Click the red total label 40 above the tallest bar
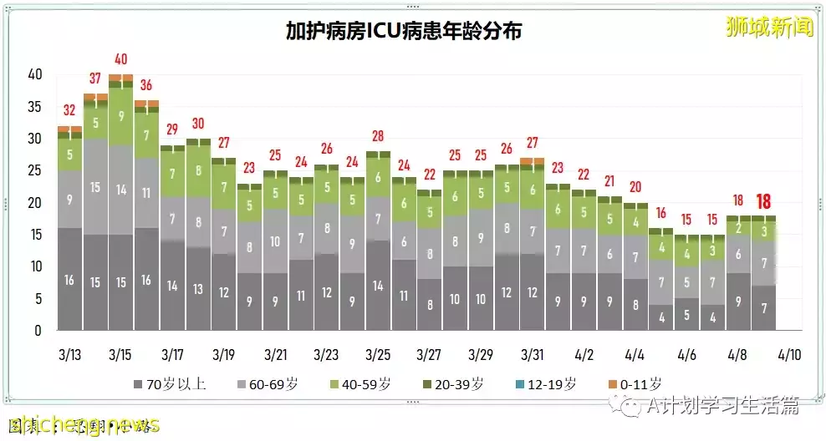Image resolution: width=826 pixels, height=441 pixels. pyautogui.click(x=120, y=60)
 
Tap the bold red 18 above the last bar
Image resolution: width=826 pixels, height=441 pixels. pyautogui.click(x=763, y=201)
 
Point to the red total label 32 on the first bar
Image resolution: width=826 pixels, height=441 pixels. pyautogui.click(x=69, y=110)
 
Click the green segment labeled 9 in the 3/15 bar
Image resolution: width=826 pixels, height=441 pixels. pyautogui.click(x=120, y=117)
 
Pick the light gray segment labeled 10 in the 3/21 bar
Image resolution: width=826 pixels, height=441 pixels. pyautogui.click(x=276, y=242)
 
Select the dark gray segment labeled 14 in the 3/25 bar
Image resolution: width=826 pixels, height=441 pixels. pyautogui.click(x=379, y=285)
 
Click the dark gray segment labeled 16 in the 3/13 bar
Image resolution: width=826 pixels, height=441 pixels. pyautogui.click(x=69, y=279)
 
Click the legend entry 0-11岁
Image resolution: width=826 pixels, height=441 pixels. pyautogui.click(x=635, y=384)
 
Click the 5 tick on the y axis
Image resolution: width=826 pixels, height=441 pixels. pyautogui.click(x=37, y=299)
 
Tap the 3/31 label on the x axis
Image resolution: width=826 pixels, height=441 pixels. pyautogui.click(x=533, y=354)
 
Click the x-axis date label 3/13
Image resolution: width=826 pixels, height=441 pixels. pyautogui.click(x=69, y=354)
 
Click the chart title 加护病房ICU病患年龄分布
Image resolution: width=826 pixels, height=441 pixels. pyautogui.click(x=403, y=32)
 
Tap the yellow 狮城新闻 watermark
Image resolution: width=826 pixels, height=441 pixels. pyautogui.click(x=769, y=27)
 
